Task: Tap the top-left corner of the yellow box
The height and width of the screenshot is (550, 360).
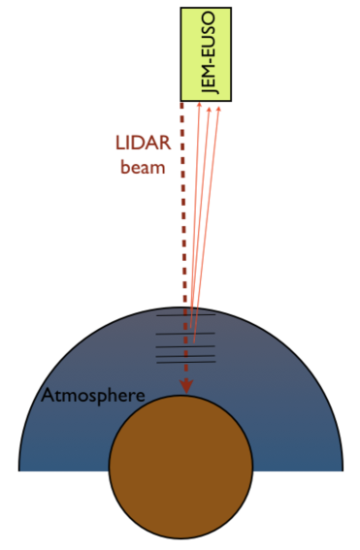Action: pos(181,8)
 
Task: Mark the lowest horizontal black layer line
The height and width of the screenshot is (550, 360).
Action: pos(185,363)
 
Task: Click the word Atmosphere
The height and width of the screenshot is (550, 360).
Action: pos(93,397)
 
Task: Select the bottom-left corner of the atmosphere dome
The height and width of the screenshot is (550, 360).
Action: pos(19,469)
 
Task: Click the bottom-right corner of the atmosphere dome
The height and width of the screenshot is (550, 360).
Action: pos(343,469)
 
